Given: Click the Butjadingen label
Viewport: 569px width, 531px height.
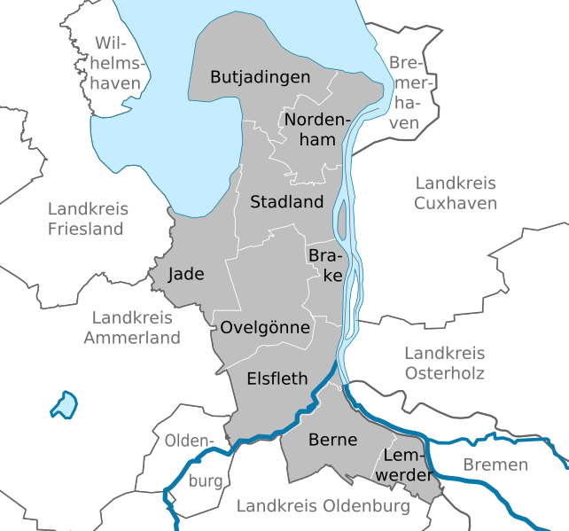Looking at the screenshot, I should [260, 77].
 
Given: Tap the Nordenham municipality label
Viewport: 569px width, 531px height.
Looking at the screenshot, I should [316, 129].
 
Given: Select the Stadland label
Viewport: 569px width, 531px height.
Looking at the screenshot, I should [286, 202].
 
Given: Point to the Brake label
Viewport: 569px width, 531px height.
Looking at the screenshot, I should [325, 265].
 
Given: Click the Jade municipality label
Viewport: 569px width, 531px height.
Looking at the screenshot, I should [185, 274].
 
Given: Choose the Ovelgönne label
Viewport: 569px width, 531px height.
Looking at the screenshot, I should [265, 328].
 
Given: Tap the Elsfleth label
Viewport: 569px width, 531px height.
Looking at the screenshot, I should [277, 379].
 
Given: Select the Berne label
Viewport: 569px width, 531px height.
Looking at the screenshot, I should [332, 440].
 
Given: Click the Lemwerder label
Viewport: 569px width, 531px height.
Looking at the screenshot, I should [409, 465].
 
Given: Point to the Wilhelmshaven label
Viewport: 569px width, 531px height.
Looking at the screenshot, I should [120, 63].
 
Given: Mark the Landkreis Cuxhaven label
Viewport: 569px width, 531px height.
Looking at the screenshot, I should [456, 192].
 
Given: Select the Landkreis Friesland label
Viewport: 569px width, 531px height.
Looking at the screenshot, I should [87, 219].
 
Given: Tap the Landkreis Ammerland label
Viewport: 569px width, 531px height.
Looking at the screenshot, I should [132, 327].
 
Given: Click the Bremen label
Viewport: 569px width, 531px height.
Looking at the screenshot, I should [495, 465].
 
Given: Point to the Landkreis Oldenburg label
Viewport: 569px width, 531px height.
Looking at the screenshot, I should [323, 506].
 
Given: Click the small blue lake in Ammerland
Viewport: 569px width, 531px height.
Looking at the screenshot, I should [64, 405].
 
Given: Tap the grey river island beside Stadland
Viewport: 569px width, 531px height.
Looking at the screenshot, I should [342, 214].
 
